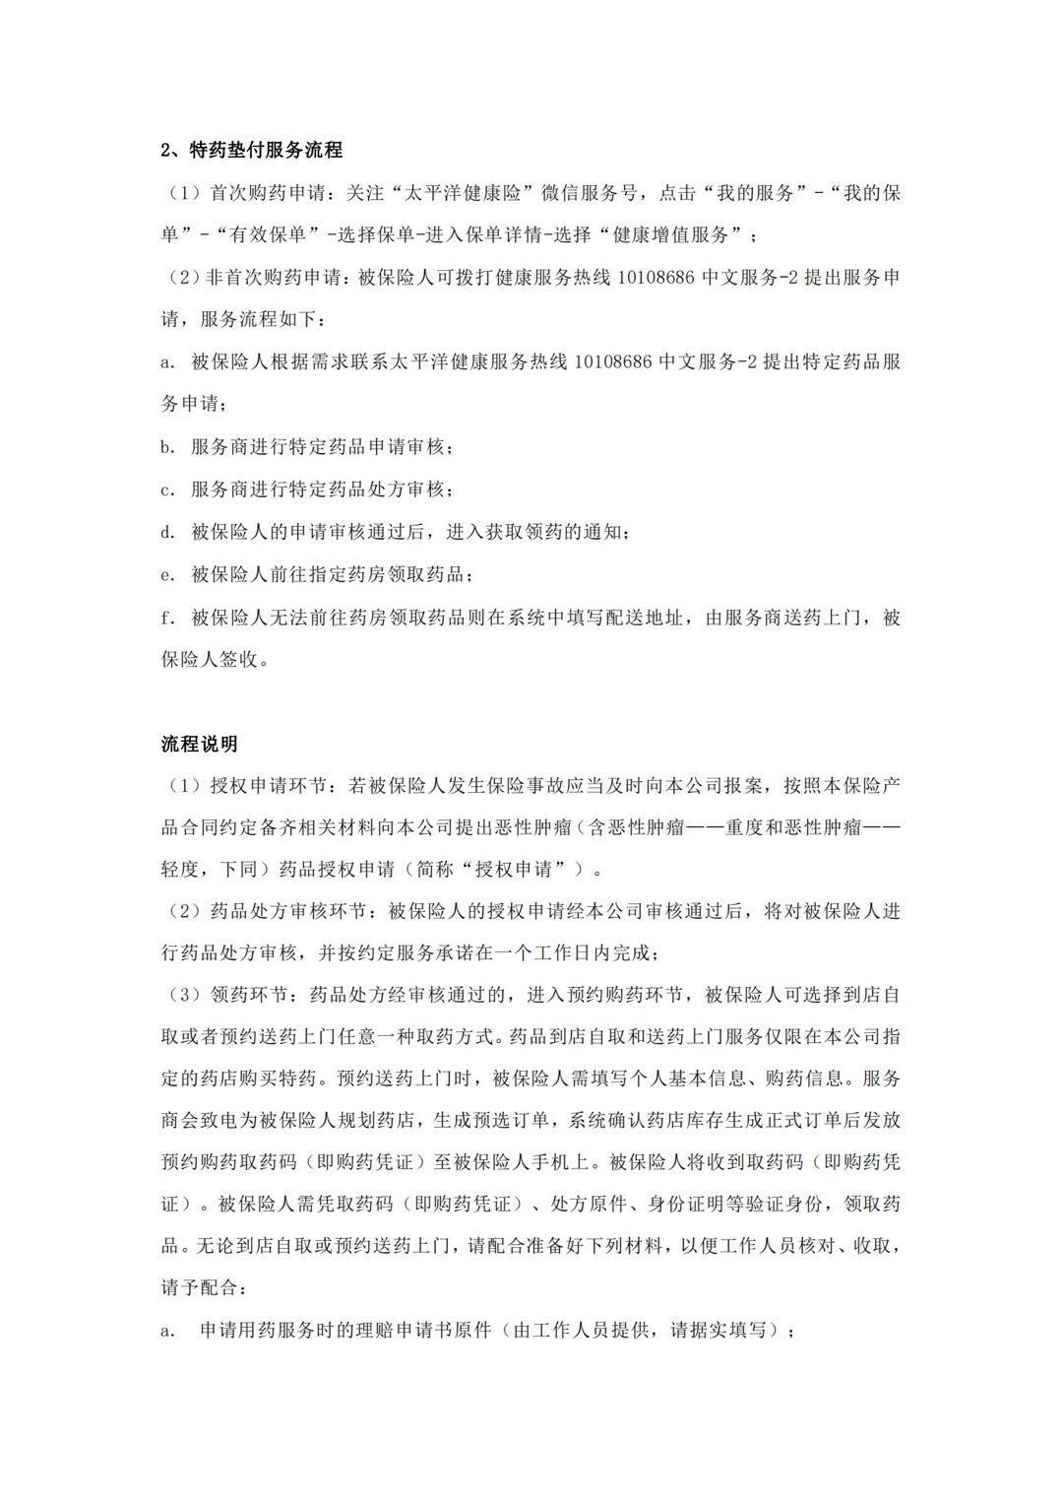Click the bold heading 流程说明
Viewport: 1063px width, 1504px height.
click(199, 744)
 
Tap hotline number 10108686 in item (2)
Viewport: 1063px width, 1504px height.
click(658, 278)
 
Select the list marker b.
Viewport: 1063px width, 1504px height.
click(167, 447)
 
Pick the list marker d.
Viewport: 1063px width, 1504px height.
click(167, 532)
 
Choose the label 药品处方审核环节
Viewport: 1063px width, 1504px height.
click(288, 911)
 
